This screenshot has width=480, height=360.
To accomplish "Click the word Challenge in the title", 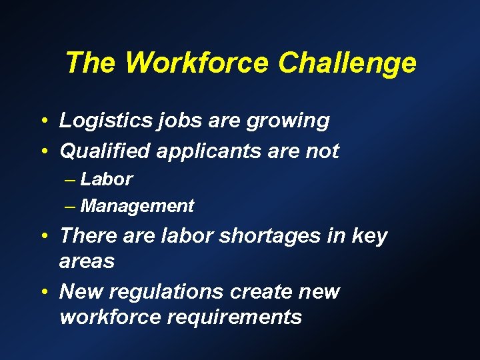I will coord(347,63).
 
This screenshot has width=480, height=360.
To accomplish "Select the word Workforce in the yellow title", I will coord(198,63).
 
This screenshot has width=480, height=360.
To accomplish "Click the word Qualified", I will coord(105,151).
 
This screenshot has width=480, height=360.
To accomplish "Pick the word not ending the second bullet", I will coord(321,151).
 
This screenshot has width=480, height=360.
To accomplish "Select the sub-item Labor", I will coord(107,179).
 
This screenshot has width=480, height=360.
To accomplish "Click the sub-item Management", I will coord(137,207).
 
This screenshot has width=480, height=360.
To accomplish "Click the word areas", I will coord(87,261).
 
